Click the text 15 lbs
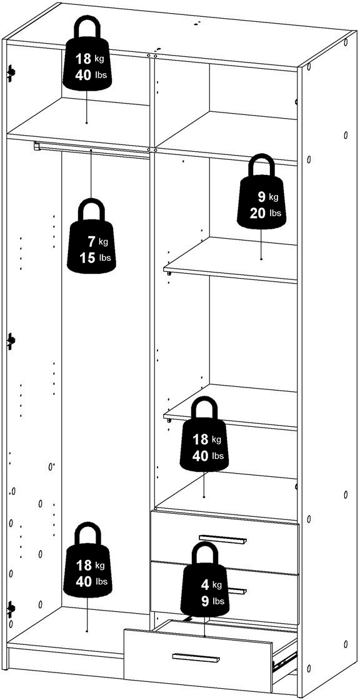[x=96, y=257]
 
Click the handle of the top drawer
[x=222, y=538]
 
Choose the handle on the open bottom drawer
[x=196, y=657]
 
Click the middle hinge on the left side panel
[x=11, y=341]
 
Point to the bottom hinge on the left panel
[x=11, y=608]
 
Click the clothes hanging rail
[x=92, y=149]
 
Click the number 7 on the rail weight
[x=92, y=242]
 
